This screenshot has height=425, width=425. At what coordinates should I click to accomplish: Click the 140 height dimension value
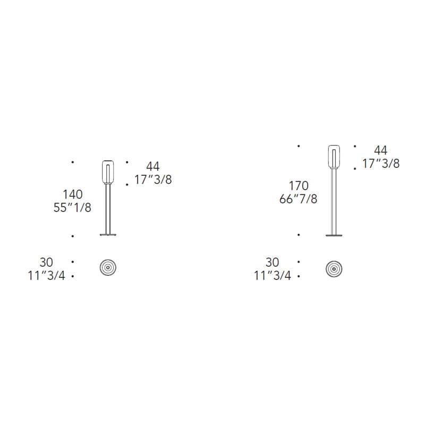click(73, 194)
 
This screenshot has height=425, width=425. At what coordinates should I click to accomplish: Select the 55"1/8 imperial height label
click(72, 208)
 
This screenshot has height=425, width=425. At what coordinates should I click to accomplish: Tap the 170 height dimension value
click(299, 185)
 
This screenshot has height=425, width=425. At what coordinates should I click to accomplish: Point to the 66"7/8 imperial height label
click(299, 199)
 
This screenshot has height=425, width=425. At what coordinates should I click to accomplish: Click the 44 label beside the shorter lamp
click(153, 166)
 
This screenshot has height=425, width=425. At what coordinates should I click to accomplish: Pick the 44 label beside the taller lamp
click(380, 150)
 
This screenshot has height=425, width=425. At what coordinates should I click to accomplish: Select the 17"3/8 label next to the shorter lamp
click(153, 180)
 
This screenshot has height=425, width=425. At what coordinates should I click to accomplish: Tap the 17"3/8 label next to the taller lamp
click(381, 164)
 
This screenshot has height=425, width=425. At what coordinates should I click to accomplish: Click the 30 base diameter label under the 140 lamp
click(46, 262)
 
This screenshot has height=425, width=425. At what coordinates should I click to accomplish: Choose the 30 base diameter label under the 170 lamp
click(272, 262)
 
